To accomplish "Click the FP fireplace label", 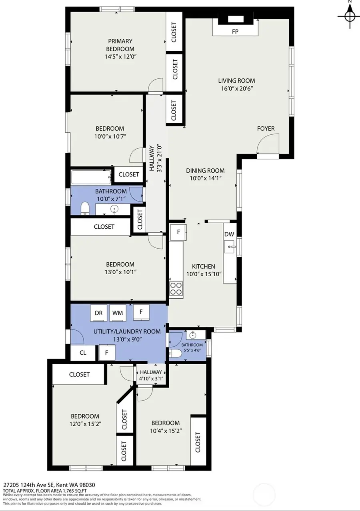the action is coord(235,32).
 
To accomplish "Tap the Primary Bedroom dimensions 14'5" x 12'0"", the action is coord(120,56).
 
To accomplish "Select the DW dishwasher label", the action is coord(229,234).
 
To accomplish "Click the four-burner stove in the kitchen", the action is coord(176,289).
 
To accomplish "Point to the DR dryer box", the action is coord(99,313).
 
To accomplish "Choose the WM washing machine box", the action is coord(118,313).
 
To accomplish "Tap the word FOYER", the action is coord(266,129).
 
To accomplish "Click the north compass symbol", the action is coord(350,16).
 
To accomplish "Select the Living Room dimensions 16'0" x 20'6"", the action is coord(237,88).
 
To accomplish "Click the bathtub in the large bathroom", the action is coord(91,177).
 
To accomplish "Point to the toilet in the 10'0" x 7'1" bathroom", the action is coord(85,208).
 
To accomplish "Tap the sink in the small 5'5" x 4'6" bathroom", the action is coord(193,335).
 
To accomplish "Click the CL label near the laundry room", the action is coord(83,353).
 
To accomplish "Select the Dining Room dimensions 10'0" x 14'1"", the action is coord(206,178).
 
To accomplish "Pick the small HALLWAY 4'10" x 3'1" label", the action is coord(151,375).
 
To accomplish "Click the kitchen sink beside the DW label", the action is coord(230,247).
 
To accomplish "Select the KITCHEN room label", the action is coord(203,266).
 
